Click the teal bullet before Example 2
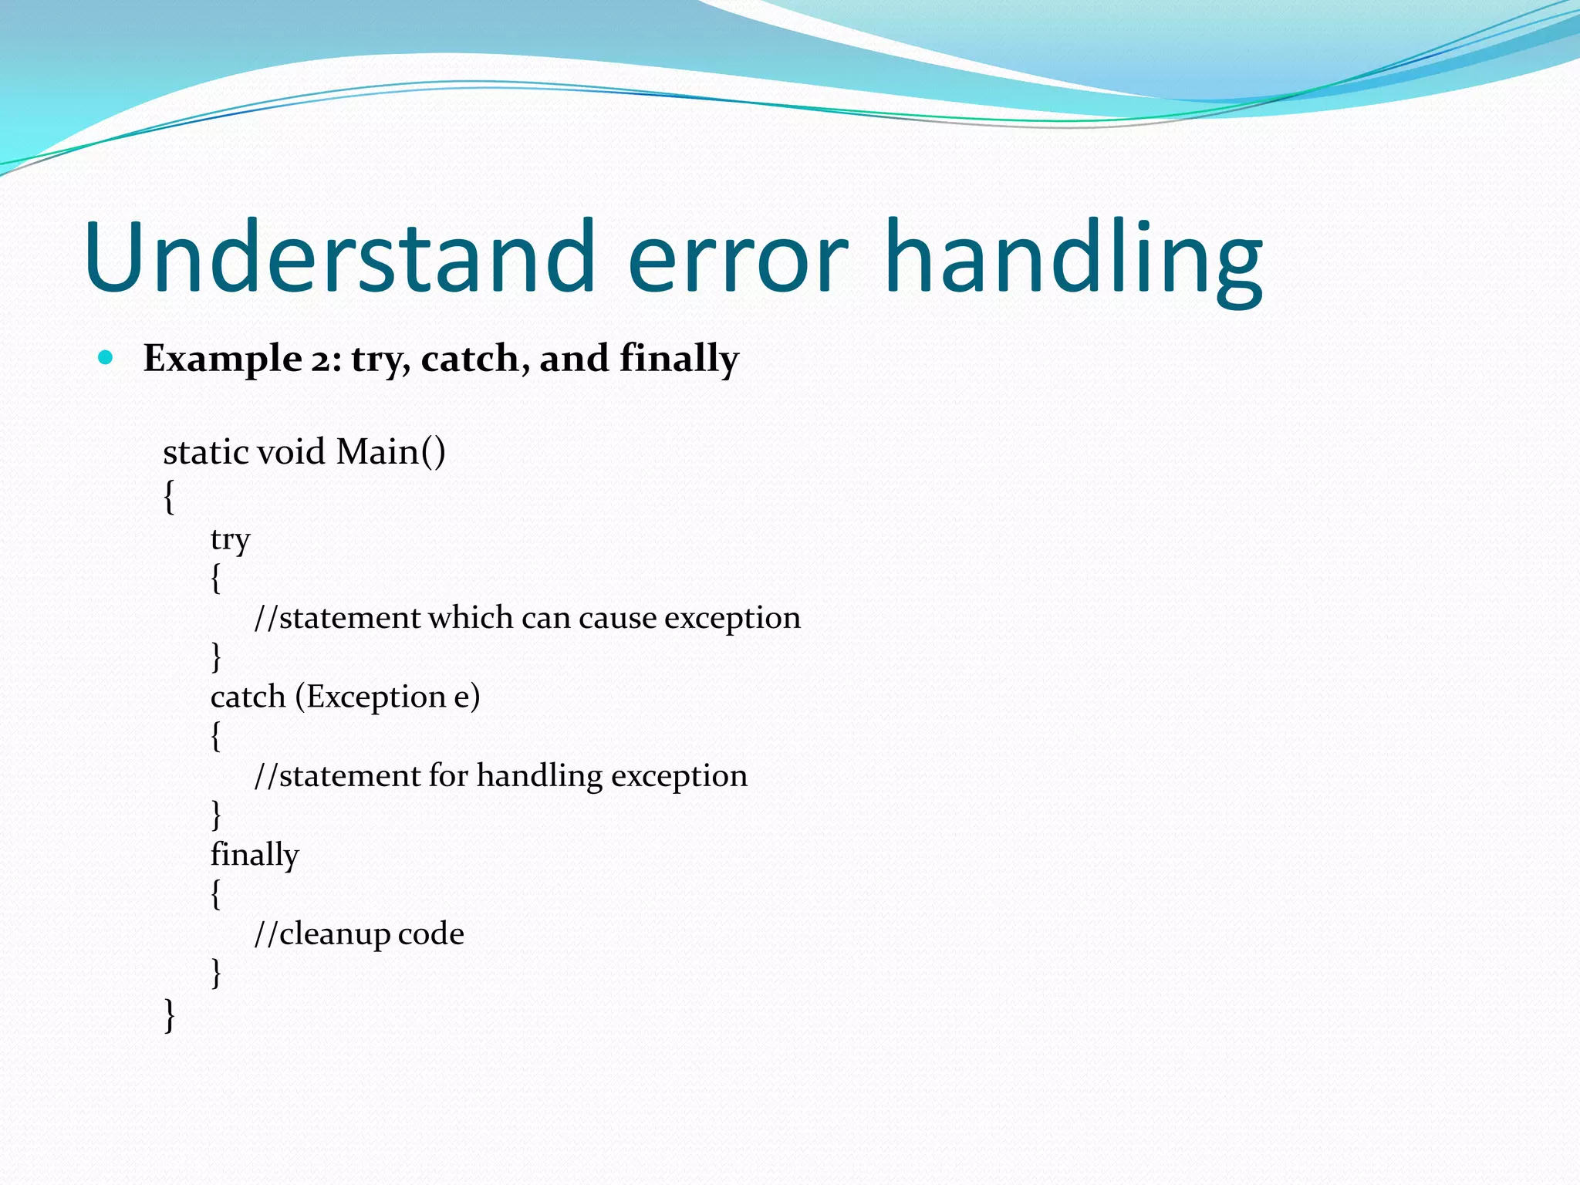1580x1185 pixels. tap(106, 358)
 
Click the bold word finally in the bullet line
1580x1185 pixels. tap(679, 360)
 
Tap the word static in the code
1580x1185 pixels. tap(205, 452)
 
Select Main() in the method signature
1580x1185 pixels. tap(390, 452)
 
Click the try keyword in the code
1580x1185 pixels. tap(230, 539)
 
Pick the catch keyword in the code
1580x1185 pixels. tap(248, 697)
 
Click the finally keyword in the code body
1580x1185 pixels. tap(255, 855)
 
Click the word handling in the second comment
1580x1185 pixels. tap(538, 776)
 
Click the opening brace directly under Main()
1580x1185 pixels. tap(170, 496)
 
